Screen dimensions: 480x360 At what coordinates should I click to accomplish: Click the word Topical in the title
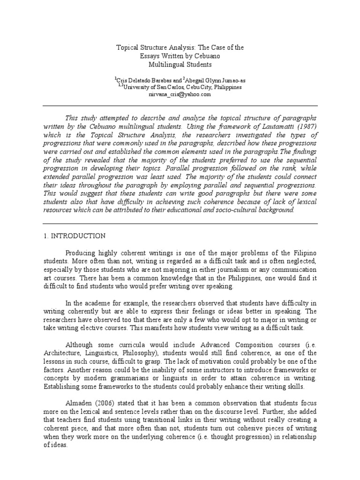(127, 47)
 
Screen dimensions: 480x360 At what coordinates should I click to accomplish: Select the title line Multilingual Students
(180, 64)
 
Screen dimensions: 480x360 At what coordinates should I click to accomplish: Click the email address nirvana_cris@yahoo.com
(180, 94)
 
